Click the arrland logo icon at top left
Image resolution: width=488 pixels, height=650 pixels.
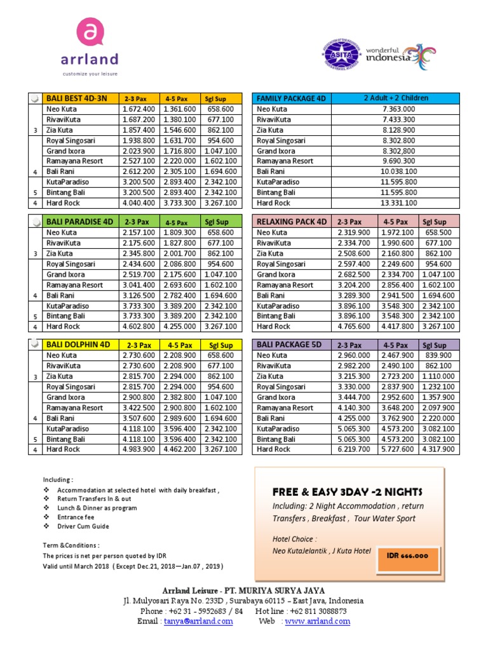click(90, 32)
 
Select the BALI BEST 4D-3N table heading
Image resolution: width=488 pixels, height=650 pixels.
click(76, 98)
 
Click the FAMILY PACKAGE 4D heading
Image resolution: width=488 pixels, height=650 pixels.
click(290, 98)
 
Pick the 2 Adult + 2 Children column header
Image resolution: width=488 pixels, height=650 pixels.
click(396, 98)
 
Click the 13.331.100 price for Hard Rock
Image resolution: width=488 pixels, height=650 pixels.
click(398, 203)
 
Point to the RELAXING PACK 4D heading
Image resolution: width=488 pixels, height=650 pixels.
click(292, 222)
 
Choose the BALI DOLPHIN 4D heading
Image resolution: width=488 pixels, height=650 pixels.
click(78, 345)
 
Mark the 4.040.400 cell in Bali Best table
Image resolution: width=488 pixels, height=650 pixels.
click(138, 203)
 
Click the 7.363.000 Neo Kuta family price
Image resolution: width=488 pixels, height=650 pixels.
click(398, 109)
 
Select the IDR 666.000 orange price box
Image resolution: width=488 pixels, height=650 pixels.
click(407, 555)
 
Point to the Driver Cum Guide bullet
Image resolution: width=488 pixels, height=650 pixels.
click(83, 526)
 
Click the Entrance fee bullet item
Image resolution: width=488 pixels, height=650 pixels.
click(75, 517)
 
